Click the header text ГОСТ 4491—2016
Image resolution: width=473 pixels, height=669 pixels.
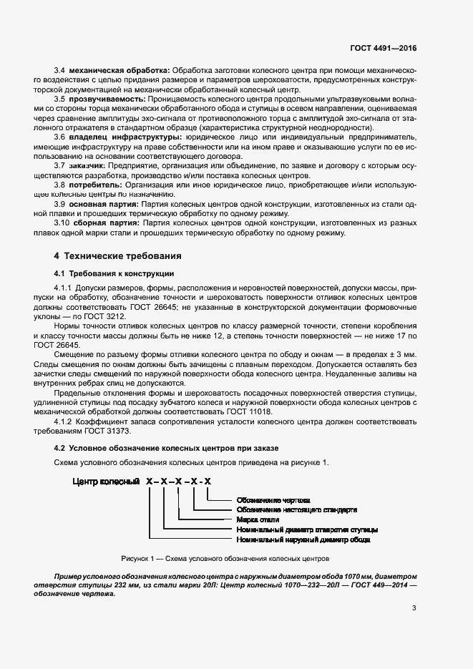click(x=383, y=48)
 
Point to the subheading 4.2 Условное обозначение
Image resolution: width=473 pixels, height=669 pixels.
click(x=168, y=447)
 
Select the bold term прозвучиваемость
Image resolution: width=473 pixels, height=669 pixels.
click(x=108, y=98)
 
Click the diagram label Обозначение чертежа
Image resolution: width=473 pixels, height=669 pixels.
click(x=273, y=500)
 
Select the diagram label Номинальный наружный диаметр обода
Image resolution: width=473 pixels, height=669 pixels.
click(x=303, y=539)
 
